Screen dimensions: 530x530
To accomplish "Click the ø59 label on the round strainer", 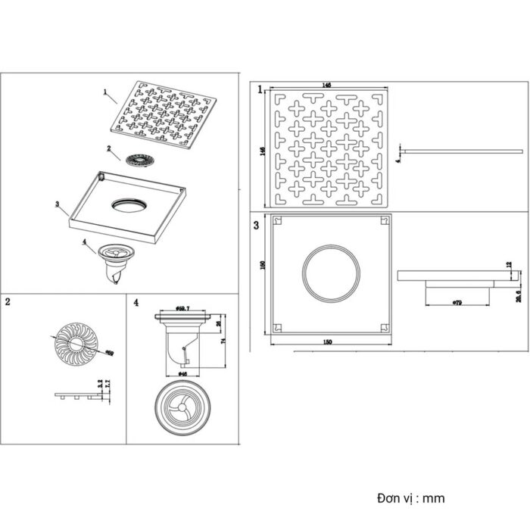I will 109,352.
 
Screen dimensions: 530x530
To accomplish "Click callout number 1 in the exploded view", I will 105,93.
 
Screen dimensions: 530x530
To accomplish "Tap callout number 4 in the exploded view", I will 85,245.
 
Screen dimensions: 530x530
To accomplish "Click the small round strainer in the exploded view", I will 140,159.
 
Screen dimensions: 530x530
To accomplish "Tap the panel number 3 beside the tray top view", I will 258,225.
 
